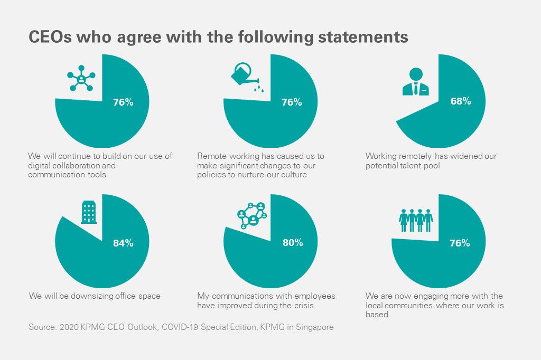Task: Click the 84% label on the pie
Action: click(123, 243)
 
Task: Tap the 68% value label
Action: click(460, 101)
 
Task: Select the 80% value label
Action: click(293, 242)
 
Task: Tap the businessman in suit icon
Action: click(416, 82)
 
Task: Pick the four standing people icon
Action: click(416, 219)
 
